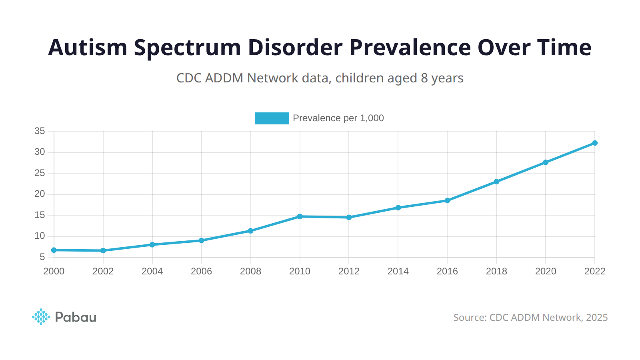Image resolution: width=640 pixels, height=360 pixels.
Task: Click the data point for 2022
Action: [x=595, y=143]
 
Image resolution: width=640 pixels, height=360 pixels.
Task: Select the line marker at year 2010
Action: [x=300, y=216]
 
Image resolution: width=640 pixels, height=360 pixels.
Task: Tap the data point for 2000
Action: [x=54, y=250]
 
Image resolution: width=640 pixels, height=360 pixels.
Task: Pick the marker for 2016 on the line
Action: [x=447, y=200]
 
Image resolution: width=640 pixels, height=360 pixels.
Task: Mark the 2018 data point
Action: [x=496, y=182]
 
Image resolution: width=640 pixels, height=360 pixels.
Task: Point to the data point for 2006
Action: [x=202, y=240]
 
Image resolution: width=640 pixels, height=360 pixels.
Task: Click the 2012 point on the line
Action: [x=349, y=217]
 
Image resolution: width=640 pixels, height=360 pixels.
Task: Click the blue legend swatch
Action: [x=272, y=118]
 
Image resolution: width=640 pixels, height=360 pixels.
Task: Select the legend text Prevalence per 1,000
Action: [x=338, y=118]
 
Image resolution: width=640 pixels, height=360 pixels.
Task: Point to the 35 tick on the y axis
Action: [x=40, y=131]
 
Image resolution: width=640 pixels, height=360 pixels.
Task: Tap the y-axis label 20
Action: [x=40, y=194]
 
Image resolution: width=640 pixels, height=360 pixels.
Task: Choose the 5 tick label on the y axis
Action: [x=42, y=257]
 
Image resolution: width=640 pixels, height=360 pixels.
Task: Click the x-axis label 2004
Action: [x=152, y=271]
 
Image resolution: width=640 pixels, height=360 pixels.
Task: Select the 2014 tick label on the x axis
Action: [x=398, y=271]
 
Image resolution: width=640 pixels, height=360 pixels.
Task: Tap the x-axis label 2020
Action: [x=546, y=271]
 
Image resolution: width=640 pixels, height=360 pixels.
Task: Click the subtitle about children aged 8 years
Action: [x=320, y=78]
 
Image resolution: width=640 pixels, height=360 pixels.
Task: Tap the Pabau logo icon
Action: [x=41, y=317]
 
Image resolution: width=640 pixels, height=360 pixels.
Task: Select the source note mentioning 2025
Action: [x=530, y=318]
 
